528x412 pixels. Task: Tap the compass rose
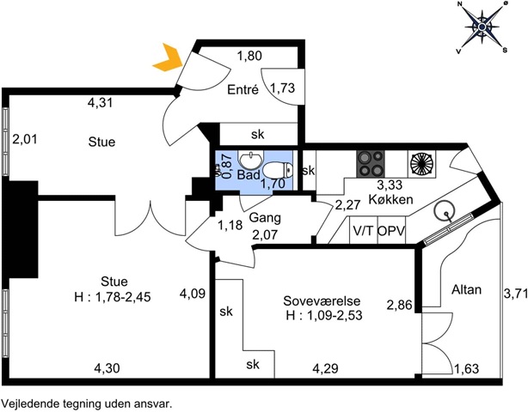(482, 27)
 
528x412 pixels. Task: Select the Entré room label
(243, 90)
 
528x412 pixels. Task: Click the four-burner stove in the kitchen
(371, 164)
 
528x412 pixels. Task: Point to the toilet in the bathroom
(278, 170)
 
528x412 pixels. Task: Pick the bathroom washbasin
(250, 161)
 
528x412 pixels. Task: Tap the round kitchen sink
(444, 211)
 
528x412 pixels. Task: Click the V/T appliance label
(364, 231)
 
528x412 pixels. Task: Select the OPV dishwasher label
(391, 231)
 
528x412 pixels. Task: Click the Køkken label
(390, 199)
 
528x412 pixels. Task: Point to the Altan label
(466, 289)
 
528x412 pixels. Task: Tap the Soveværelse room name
(322, 300)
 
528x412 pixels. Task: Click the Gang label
(265, 218)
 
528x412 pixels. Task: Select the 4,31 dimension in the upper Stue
(100, 103)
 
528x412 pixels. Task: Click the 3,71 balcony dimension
(515, 294)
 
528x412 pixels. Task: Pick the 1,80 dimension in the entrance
(249, 56)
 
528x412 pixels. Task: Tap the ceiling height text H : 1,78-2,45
(113, 297)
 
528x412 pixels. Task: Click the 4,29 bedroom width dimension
(325, 368)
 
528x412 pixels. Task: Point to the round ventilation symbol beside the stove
(421, 164)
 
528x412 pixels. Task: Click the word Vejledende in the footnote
(26, 403)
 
